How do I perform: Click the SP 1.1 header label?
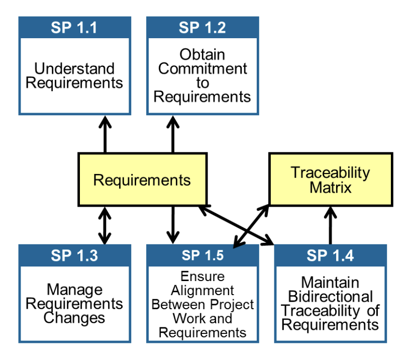[x=74, y=27]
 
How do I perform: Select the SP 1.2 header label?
[x=202, y=27]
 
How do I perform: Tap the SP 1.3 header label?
[x=74, y=255]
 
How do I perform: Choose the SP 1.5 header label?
[x=202, y=255]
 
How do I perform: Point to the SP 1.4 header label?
[x=330, y=255]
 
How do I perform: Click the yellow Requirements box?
[x=142, y=180]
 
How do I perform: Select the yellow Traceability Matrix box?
[x=330, y=180]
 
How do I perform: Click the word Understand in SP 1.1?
[x=74, y=68]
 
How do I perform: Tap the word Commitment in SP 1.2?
[x=202, y=68]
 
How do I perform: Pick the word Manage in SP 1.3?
[x=74, y=290]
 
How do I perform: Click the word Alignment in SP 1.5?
[x=202, y=291]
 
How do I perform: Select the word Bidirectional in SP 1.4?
[x=330, y=297]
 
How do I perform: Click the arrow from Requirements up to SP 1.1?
[x=105, y=134]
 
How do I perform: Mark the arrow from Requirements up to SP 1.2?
[x=173, y=134]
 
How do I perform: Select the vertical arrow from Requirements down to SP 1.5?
[x=173, y=224]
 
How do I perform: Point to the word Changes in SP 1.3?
[x=74, y=318]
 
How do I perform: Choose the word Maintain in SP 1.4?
[x=330, y=283]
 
